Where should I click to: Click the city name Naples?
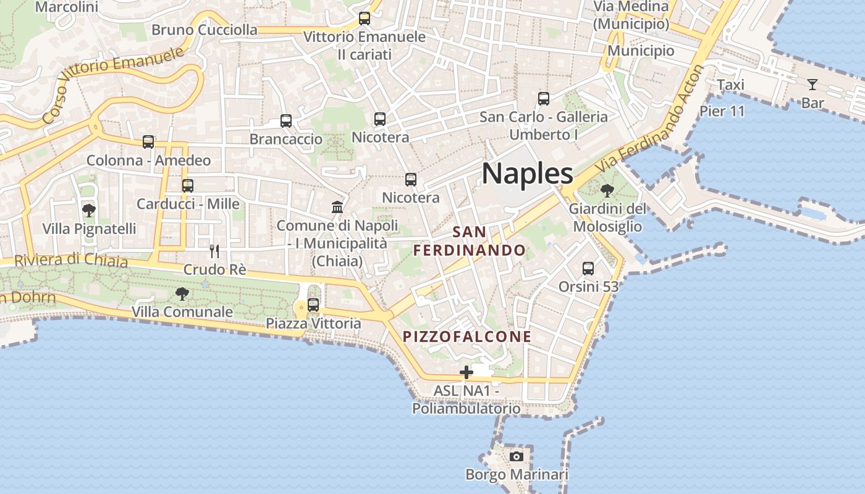(x=527, y=174)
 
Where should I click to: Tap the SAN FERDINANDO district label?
(x=470, y=241)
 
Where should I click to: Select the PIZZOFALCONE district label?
(x=467, y=337)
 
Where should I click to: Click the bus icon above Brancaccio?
(x=286, y=121)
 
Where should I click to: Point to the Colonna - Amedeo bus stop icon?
(x=148, y=142)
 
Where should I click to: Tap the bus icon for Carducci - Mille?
(x=188, y=185)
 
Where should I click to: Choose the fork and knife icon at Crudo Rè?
(x=214, y=251)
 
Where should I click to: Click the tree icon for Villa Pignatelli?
(x=89, y=210)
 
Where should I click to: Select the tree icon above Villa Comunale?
(x=182, y=293)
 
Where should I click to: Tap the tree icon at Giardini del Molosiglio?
(x=607, y=190)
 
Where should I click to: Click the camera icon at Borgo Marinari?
(x=517, y=456)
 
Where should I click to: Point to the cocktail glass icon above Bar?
(x=812, y=84)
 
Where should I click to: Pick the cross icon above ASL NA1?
(x=466, y=372)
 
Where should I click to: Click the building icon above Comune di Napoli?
(x=337, y=207)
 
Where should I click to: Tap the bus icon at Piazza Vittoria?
(x=313, y=304)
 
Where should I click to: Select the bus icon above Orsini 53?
(x=588, y=269)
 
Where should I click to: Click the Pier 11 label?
(x=722, y=112)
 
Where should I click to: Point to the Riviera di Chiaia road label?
(x=71, y=261)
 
